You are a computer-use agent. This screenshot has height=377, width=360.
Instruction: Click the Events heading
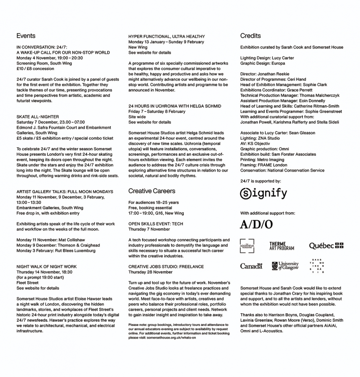pos(26,36)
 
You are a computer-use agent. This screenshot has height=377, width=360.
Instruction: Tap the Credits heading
pos(250,36)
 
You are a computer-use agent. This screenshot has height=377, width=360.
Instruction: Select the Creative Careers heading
pos(152,191)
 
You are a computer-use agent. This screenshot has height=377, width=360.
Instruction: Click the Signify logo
pos(264,194)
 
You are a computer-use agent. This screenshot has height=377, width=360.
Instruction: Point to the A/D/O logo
pos(256,225)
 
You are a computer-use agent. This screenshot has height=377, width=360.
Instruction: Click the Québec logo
pos(326,246)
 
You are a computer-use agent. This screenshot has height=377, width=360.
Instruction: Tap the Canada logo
pos(251,266)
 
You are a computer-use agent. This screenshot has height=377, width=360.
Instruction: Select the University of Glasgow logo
pos(285,266)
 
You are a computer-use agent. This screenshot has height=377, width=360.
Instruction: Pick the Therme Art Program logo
pos(281,246)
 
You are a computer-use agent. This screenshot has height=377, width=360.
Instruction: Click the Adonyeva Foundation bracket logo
pos(247,246)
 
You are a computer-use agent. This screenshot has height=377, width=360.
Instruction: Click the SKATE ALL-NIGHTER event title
pos(38,117)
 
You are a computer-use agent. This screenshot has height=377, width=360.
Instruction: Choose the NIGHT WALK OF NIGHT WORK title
pos(46,267)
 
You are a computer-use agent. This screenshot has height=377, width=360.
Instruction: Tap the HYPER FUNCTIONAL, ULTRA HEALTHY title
pos(167,37)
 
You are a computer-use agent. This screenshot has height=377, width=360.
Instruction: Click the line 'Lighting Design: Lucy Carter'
pos(267,58)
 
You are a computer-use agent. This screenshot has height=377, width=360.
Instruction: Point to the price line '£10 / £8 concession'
pos(35,69)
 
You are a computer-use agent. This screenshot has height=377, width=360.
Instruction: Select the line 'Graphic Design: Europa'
pos(262,64)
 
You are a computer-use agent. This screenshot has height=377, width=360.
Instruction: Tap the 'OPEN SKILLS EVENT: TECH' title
pos(156,224)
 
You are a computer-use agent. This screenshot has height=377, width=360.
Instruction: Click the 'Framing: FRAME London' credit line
pos(264,165)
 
